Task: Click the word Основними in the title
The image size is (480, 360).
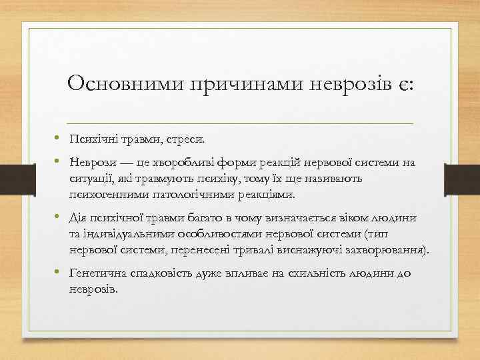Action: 125,84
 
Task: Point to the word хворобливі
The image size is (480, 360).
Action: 175,164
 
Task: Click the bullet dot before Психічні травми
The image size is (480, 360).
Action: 59,139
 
